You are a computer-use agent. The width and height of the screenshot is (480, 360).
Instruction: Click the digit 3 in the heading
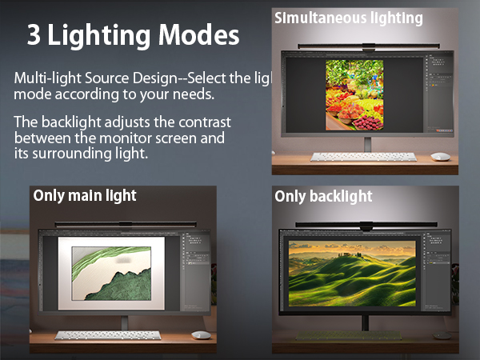click(34, 35)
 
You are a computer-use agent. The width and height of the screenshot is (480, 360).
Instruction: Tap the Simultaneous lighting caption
click(349, 17)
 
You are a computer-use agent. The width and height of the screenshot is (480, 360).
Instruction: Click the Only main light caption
click(85, 195)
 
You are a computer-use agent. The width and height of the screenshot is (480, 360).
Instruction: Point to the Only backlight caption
click(324, 196)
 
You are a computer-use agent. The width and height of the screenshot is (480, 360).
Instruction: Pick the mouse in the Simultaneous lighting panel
click(440, 156)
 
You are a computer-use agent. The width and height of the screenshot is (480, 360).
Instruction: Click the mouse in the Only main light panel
click(201, 334)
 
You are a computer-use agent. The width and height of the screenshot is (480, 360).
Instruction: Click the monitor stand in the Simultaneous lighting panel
click(367, 144)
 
